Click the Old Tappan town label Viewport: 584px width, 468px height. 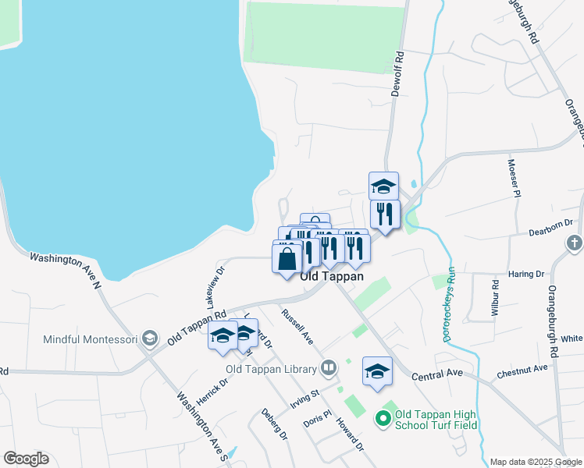(332, 276)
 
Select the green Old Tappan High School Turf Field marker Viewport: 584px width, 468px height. (383, 420)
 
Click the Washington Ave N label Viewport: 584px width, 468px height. (66, 269)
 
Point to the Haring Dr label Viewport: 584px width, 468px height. (529, 275)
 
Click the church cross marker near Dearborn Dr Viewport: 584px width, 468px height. (574, 243)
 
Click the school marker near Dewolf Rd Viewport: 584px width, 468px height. (383, 186)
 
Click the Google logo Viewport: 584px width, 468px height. (26, 459)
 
